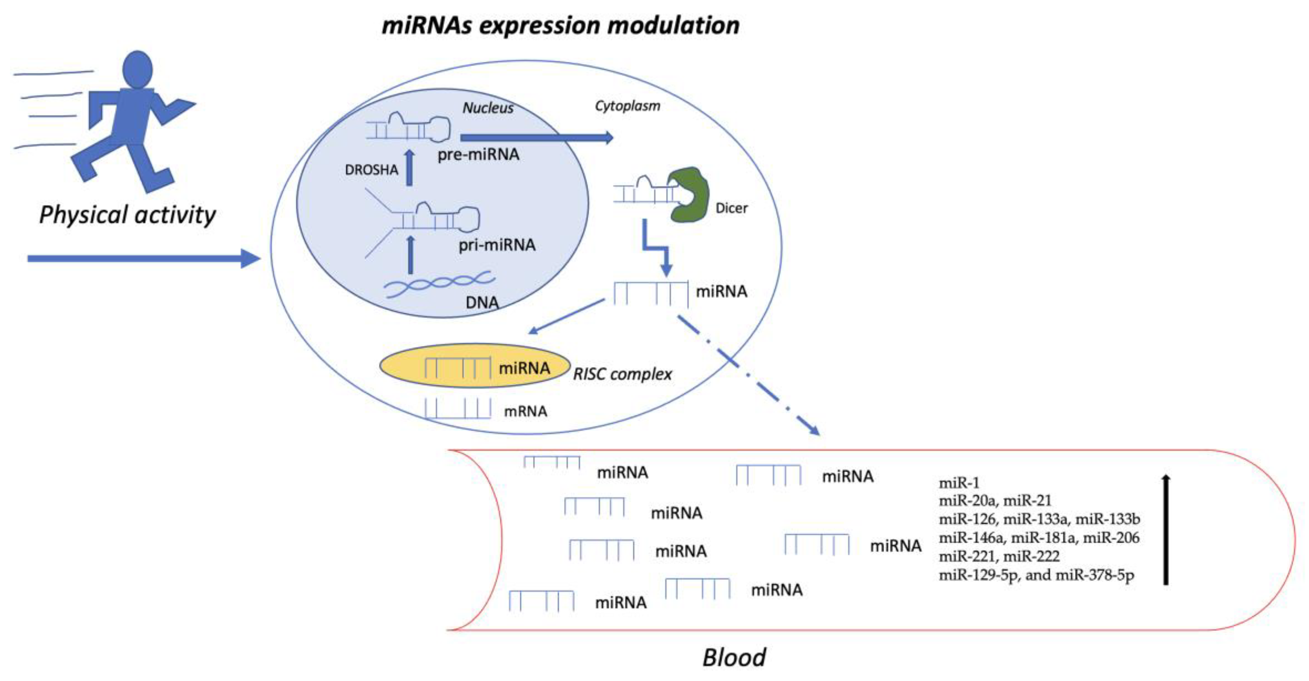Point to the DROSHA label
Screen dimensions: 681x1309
click(x=371, y=170)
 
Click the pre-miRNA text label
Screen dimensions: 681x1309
click(x=478, y=154)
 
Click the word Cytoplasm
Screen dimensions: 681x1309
click(x=627, y=106)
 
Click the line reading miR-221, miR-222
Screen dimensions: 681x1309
click(x=998, y=556)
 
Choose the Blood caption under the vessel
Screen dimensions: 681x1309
click(x=734, y=657)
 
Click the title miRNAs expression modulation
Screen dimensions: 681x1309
click(x=560, y=25)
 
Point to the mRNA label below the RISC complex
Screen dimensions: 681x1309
click(x=525, y=411)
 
